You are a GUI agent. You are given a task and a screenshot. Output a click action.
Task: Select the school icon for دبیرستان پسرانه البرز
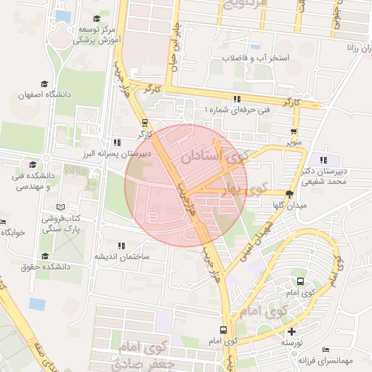coord(117,142)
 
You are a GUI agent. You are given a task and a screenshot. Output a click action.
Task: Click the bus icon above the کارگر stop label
coord(145,122)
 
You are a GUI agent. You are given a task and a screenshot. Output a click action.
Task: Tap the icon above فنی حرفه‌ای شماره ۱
coord(236,98)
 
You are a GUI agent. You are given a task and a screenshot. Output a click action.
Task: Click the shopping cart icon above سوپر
coord(293,132)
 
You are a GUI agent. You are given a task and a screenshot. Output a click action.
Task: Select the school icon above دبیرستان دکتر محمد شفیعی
coord(323,160)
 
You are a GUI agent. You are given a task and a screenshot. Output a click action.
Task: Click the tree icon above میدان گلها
coord(290,194)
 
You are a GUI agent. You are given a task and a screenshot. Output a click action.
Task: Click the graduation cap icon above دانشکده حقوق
coord(46,256)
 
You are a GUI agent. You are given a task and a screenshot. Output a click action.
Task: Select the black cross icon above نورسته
coord(291,331)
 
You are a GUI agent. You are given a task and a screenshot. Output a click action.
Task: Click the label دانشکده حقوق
coord(44,267)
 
